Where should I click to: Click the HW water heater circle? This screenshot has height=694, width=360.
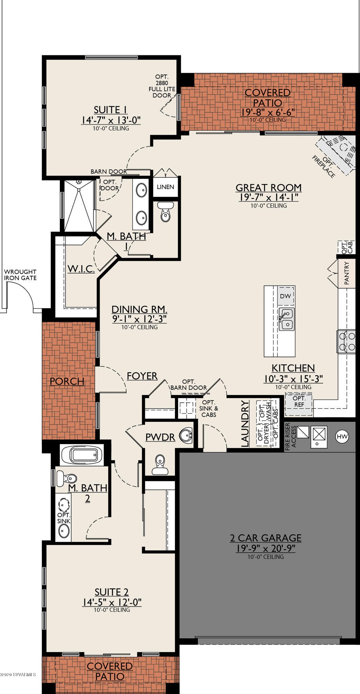pos(342,436)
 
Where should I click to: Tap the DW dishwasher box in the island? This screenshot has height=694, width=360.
pos(286,296)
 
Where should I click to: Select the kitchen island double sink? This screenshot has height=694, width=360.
pos(286,319)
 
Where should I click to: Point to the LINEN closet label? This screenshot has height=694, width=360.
pos(165,187)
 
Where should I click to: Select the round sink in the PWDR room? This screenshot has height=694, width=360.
pos(186,435)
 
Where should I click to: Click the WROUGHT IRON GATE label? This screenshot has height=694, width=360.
pos(20,275)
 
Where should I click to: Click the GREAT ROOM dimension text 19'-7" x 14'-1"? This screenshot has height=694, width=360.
pos(269,197)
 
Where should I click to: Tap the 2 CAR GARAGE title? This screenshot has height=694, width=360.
pos(266,538)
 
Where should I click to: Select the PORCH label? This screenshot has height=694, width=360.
pos(67,381)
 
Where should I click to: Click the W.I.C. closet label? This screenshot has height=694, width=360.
pos(81,269)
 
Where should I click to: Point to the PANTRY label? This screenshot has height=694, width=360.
pos(347,274)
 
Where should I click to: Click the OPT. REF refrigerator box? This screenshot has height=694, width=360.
pos(299,401)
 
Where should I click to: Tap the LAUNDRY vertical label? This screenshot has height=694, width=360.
pos(245,424)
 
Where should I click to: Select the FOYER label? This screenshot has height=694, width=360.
pos(142,376)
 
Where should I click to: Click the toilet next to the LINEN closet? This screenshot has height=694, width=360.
pos(165,212)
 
